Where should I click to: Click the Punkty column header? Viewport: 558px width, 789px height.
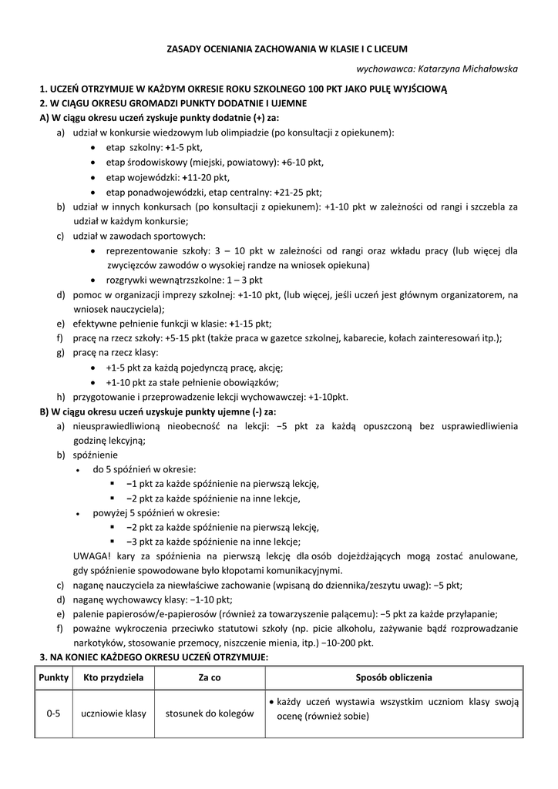53,678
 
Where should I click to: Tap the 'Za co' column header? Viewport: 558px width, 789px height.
210,678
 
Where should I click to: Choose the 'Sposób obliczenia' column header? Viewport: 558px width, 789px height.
394,678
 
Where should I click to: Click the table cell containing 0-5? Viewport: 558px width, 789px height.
53,714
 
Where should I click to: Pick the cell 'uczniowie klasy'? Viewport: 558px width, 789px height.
114,714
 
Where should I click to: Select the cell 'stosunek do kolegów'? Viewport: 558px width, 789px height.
210,714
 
